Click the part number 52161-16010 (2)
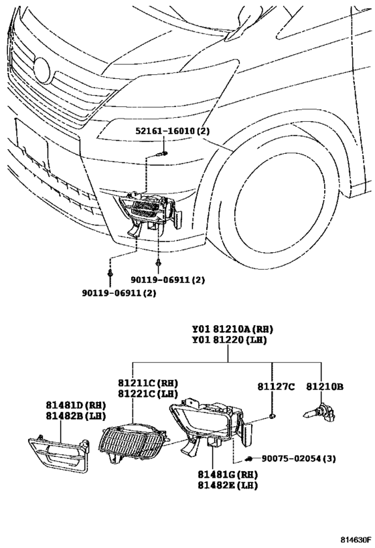173,131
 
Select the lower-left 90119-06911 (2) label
119,293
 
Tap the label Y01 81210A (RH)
232,329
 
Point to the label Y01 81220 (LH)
229,340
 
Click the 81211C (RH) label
148,383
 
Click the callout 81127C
276,387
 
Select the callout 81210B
325,387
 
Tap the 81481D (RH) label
76,405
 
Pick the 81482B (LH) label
76,416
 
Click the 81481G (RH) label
228,474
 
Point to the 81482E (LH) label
228,485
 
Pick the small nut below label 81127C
272,416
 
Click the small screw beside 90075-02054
248,458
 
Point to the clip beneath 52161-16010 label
162,153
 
